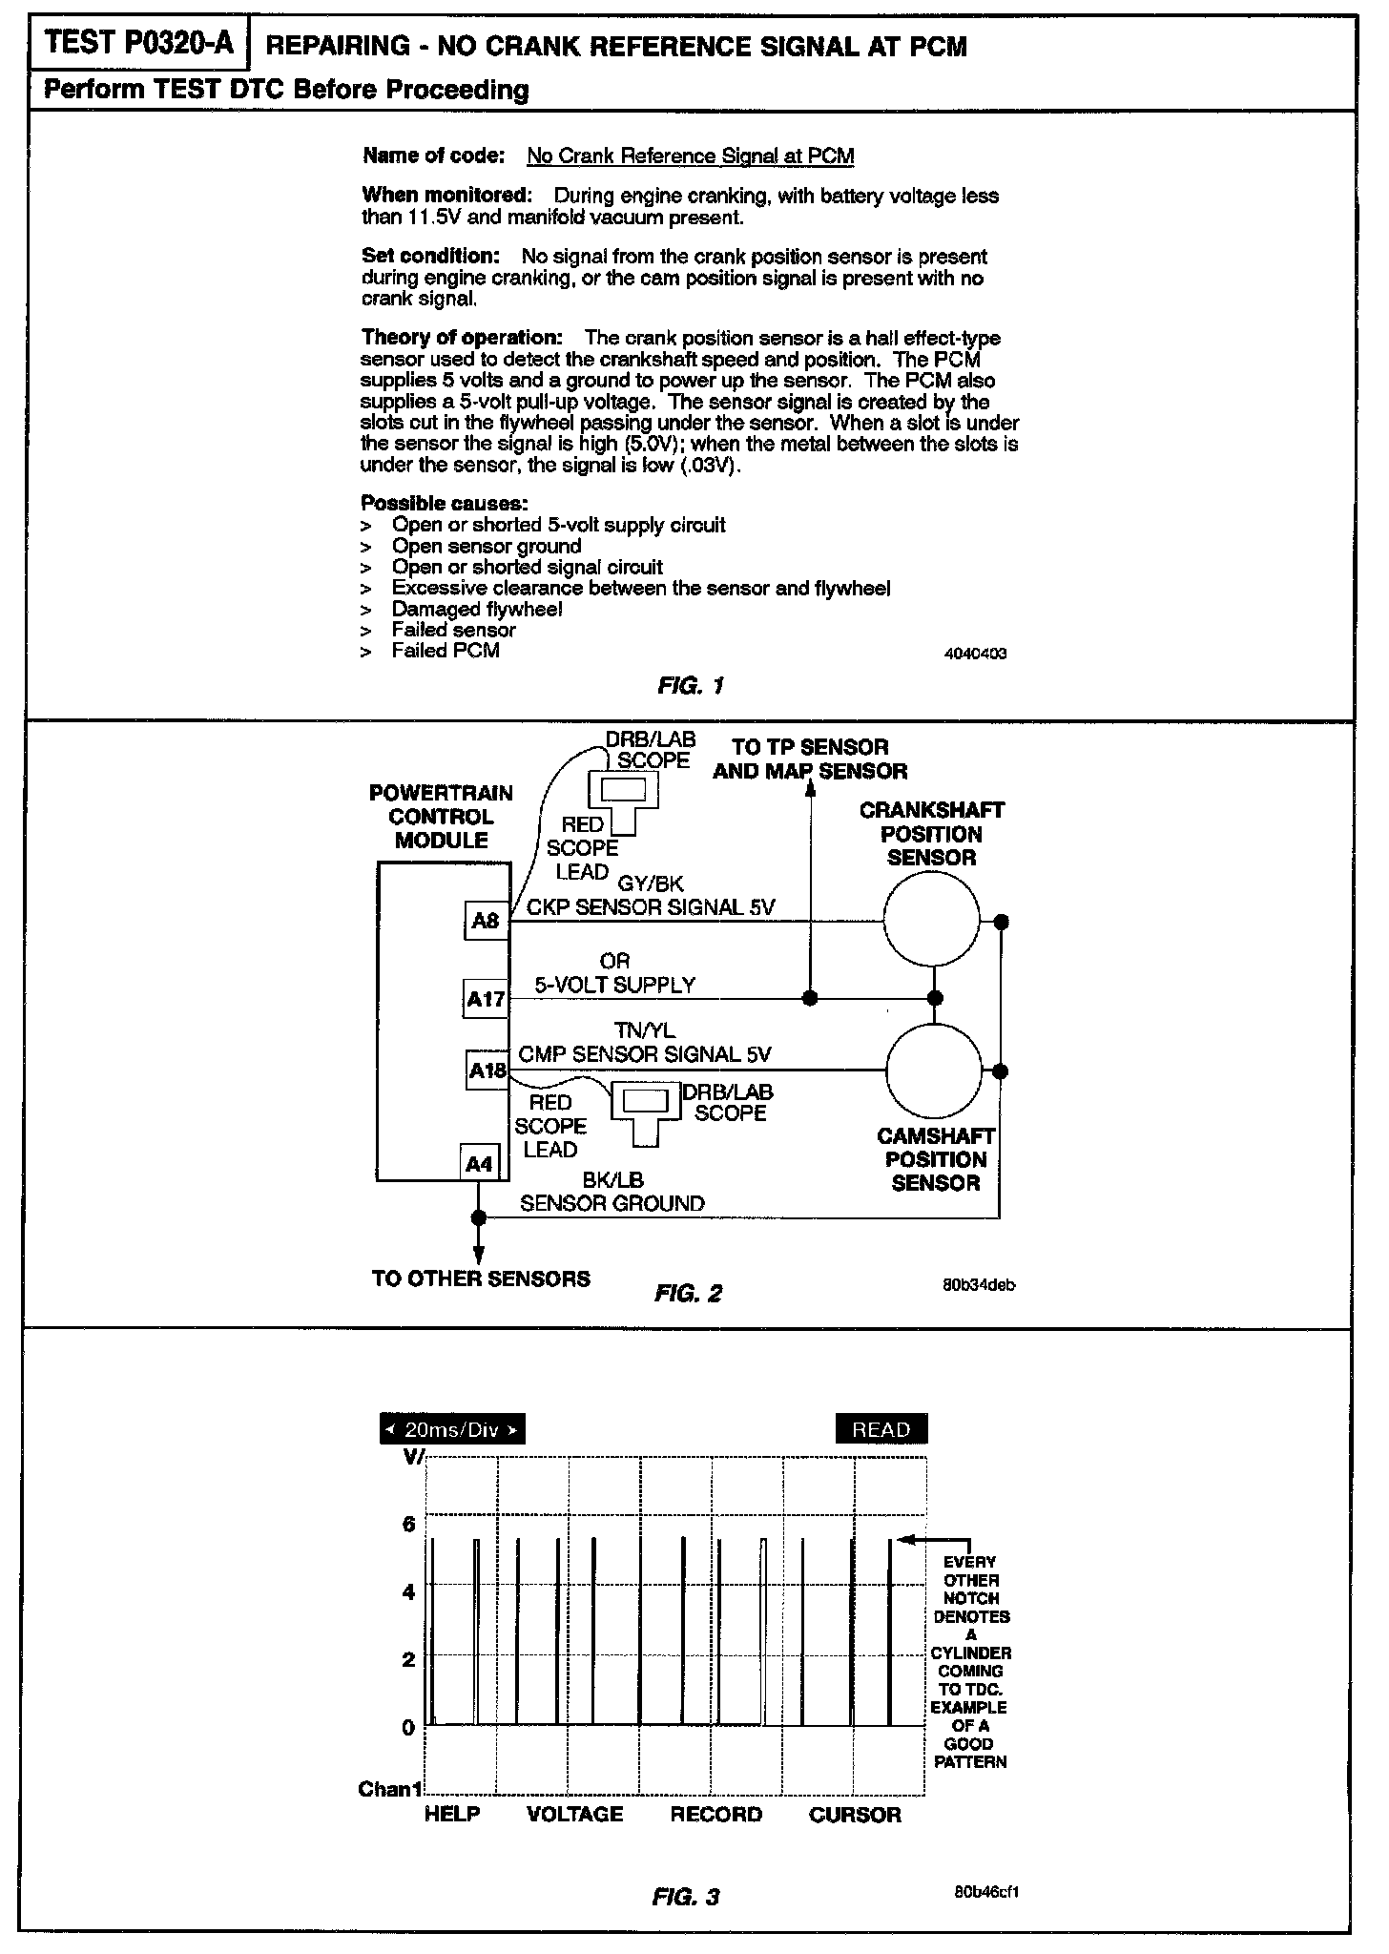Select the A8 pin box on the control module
(x=486, y=921)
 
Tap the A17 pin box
(x=486, y=999)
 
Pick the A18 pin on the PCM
(x=487, y=1071)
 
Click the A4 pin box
(x=479, y=1164)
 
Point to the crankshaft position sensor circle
(x=931, y=920)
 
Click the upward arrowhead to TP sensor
(x=810, y=791)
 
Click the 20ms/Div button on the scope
(x=452, y=1430)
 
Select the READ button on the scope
(x=881, y=1430)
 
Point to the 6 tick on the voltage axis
(x=409, y=1524)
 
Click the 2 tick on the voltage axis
(x=409, y=1659)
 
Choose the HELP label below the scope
(x=452, y=1814)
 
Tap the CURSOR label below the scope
(x=855, y=1814)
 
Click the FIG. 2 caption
(x=688, y=1294)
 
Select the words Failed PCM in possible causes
(x=446, y=651)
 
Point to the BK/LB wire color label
(x=613, y=1181)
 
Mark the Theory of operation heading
(x=462, y=338)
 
